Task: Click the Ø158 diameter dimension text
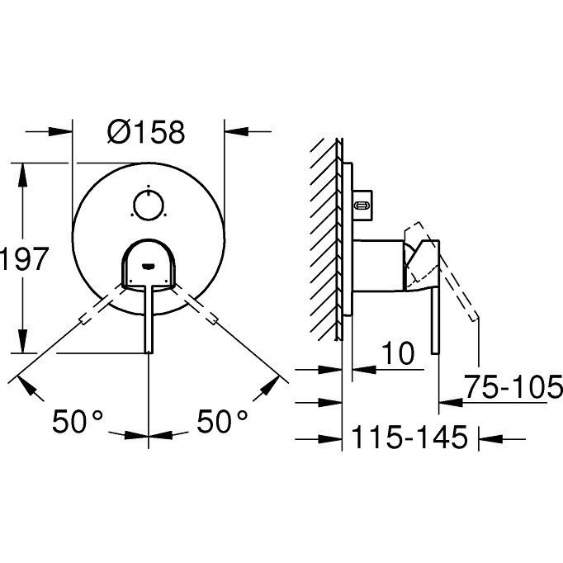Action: pyautogui.click(x=146, y=132)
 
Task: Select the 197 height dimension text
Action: pyautogui.click(x=24, y=258)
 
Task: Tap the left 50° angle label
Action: pyautogui.click(x=78, y=421)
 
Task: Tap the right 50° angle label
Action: pyautogui.click(x=222, y=421)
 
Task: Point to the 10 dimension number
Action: pyautogui.click(x=397, y=353)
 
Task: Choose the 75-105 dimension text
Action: pyautogui.click(x=513, y=386)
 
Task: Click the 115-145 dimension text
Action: pyautogui.click(x=409, y=437)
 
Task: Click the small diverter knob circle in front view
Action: pyautogui.click(x=149, y=206)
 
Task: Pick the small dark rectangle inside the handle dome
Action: pyautogui.click(x=149, y=266)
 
